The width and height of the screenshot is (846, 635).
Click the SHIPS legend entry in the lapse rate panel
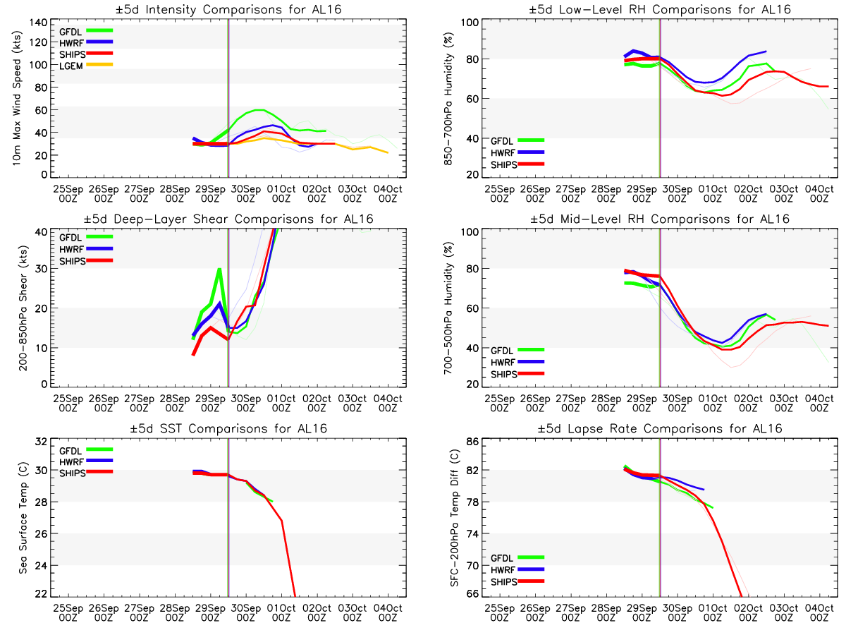pos(503,582)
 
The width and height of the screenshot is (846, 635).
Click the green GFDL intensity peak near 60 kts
pos(260,109)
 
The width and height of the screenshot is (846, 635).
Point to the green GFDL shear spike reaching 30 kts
pos(220,269)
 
